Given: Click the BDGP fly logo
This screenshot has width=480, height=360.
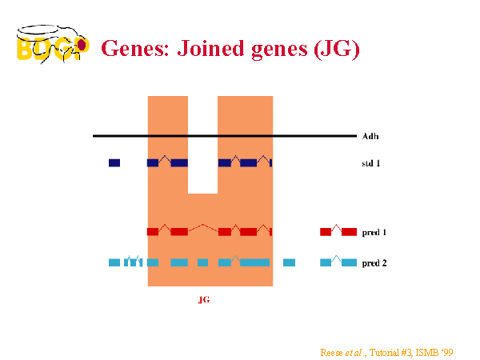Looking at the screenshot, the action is tap(53, 44).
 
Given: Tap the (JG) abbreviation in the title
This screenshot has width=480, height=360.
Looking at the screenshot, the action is tap(337, 50).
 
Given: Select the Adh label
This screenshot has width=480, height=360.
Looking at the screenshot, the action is tap(370, 136).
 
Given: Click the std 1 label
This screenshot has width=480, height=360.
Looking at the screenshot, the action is tap(370, 163).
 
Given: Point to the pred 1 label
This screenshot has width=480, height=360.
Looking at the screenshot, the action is tap(374, 232).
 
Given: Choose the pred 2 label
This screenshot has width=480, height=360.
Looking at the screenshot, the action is tap(374, 263).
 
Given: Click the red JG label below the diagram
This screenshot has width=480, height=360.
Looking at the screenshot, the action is tap(204, 300).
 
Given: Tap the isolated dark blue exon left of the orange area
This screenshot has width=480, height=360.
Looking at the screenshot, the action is tap(114, 163).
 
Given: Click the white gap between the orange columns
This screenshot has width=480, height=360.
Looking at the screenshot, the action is tap(202, 145).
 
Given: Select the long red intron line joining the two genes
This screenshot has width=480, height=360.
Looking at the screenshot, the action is tap(203, 227).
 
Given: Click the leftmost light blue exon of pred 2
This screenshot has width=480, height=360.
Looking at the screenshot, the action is tap(114, 262).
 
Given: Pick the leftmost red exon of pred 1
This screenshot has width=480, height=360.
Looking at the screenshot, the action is tap(153, 232).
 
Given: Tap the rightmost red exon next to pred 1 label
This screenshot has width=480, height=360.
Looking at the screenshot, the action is tap(349, 232).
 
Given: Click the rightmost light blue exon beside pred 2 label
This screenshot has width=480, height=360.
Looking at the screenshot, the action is tap(349, 262).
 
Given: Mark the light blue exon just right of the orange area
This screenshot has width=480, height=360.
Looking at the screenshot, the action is tap(289, 262).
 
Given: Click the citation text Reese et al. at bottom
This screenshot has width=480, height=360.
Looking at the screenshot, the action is tap(343, 353).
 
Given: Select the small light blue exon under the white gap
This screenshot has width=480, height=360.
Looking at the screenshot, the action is tap(202, 262).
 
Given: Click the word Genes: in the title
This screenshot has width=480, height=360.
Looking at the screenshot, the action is tap(135, 49).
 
